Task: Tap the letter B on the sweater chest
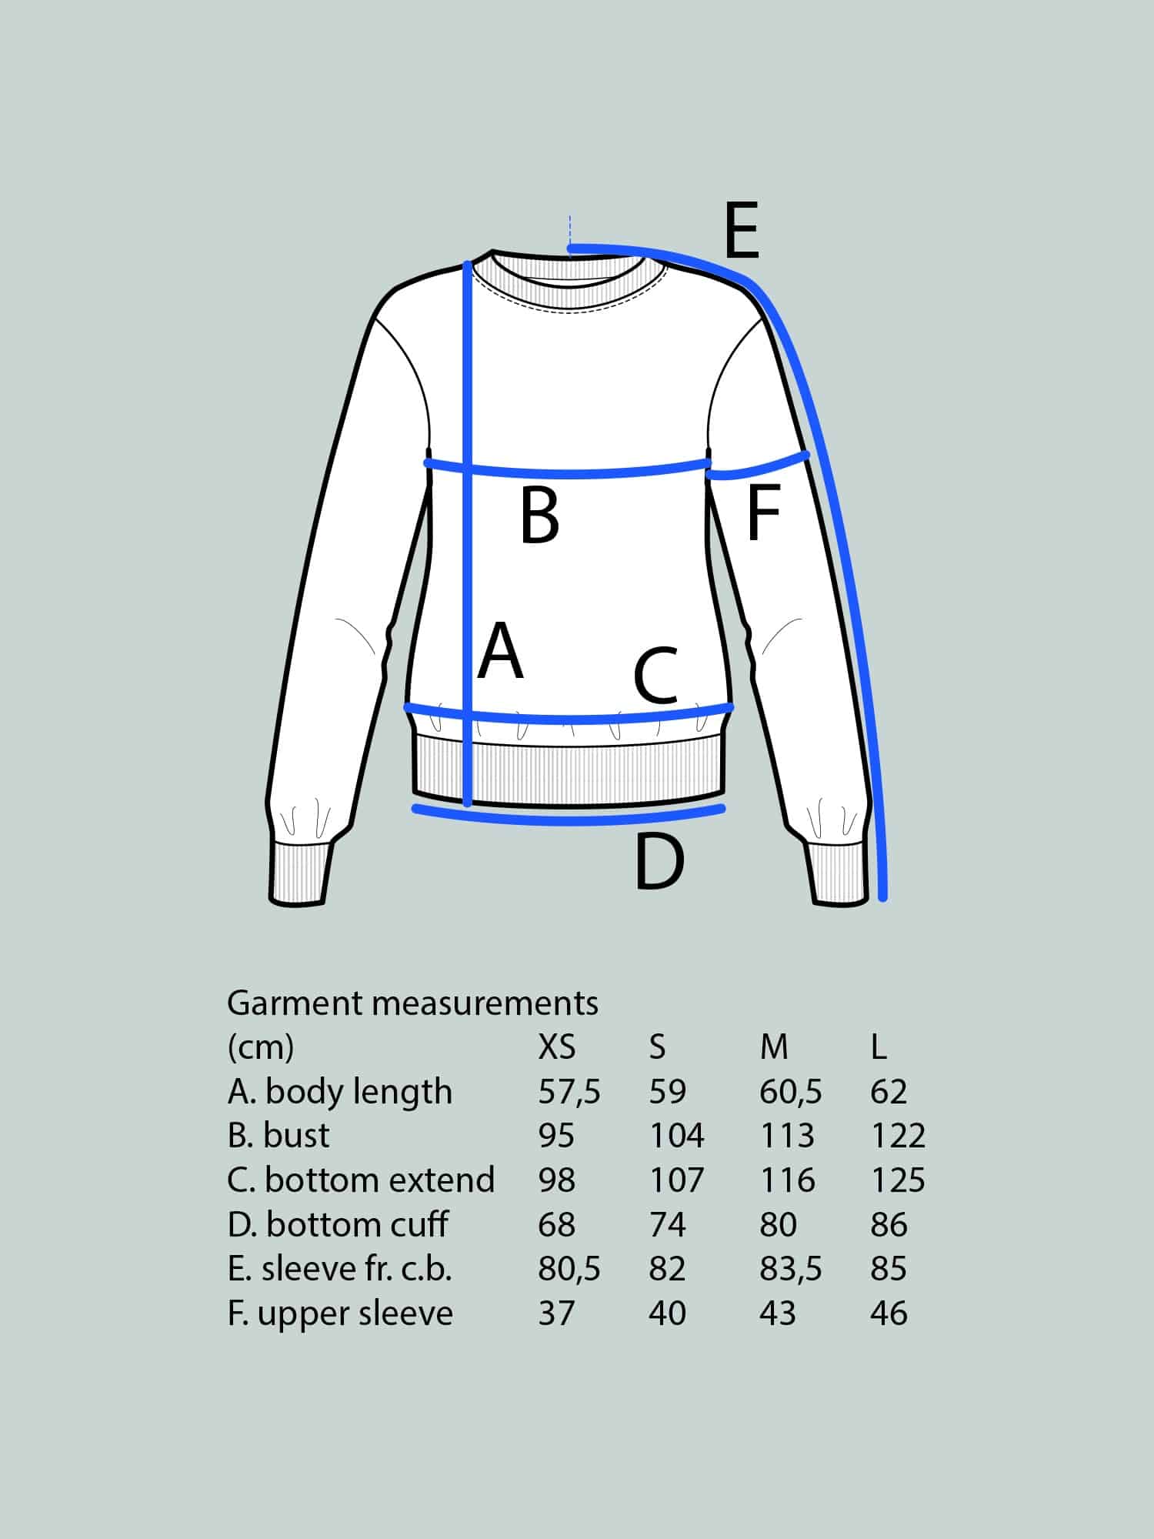click(539, 516)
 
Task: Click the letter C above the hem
click(655, 676)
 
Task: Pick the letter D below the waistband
click(659, 862)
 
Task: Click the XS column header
click(557, 1047)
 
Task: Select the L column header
click(879, 1047)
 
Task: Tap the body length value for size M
click(790, 1091)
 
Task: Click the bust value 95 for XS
click(556, 1135)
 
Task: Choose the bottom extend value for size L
click(898, 1180)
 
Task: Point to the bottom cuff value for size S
click(667, 1224)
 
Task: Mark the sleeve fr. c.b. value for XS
click(569, 1269)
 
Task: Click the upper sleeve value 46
click(889, 1314)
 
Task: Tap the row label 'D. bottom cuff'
click(338, 1224)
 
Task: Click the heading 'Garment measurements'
click(412, 1003)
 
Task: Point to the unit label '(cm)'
click(261, 1047)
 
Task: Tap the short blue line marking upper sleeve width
click(758, 467)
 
